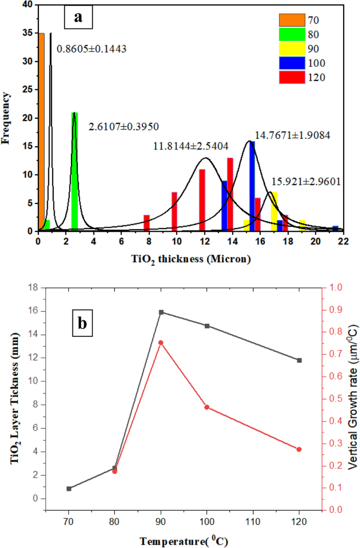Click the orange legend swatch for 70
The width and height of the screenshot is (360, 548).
[x=292, y=20]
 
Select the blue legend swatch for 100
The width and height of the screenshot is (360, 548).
[x=292, y=63]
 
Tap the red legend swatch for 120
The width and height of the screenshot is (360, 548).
[x=292, y=77]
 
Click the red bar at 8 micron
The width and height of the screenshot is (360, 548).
[x=147, y=222]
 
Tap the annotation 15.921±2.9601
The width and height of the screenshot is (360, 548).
[x=306, y=182]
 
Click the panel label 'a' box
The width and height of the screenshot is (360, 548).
[x=78, y=18]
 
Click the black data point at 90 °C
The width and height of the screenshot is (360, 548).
[x=161, y=312]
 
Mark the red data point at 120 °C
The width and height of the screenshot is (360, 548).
[x=300, y=449]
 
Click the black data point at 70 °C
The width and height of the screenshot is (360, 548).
[x=69, y=489]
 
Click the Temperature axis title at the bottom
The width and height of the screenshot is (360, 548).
[x=184, y=540]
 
